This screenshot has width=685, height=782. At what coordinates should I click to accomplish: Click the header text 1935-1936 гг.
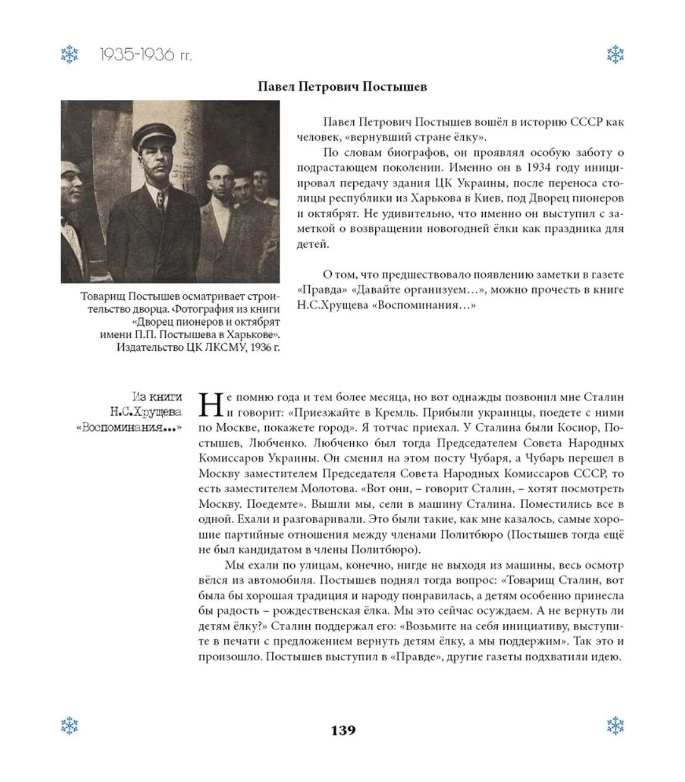(x=146, y=55)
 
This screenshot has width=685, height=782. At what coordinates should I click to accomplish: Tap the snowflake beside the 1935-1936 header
(x=70, y=55)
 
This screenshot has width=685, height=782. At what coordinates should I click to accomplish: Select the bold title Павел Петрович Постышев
(x=342, y=87)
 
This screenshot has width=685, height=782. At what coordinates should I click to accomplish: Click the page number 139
(x=342, y=730)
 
